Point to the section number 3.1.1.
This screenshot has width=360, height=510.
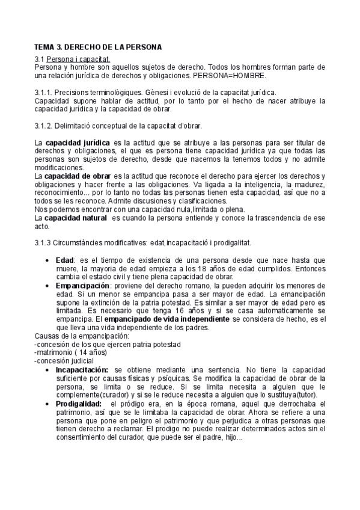pyautogui.click(x=43, y=93)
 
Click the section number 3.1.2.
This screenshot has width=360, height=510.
pyautogui.click(x=43, y=126)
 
